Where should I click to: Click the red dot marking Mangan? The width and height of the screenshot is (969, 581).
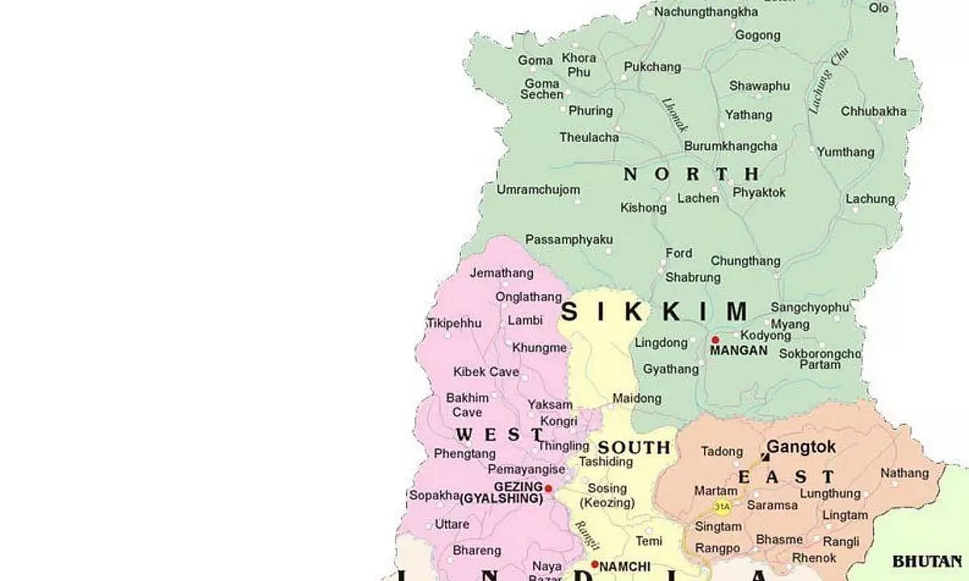(x=715, y=340)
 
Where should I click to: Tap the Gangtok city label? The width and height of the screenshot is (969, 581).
(x=801, y=447)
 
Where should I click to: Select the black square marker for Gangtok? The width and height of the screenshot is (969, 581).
(x=765, y=457)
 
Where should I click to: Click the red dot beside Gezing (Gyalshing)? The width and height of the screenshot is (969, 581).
(x=548, y=488)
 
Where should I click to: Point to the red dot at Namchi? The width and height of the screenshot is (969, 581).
(x=594, y=564)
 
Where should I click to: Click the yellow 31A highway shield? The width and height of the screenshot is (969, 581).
(x=722, y=507)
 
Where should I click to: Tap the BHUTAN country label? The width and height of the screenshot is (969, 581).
(x=926, y=560)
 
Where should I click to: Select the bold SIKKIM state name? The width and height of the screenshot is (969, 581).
(x=654, y=311)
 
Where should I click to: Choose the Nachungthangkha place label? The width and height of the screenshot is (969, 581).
(x=707, y=11)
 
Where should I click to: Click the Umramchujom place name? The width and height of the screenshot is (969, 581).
(x=538, y=190)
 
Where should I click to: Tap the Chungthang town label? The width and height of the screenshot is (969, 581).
(x=745, y=261)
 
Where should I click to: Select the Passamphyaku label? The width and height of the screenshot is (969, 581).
(x=568, y=240)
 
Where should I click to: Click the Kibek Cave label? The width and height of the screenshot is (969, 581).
(x=486, y=372)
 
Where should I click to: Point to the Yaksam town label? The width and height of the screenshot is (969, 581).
(x=550, y=404)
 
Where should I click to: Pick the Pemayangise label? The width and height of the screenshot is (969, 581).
(x=526, y=469)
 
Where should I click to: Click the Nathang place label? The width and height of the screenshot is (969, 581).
(x=904, y=473)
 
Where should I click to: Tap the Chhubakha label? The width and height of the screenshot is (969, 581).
(x=874, y=111)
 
